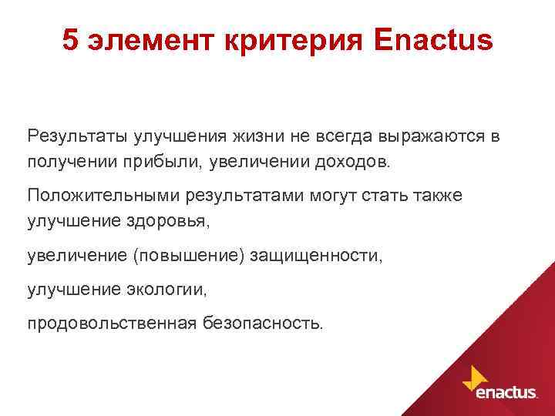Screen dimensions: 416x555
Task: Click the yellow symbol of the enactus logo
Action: click(x=474, y=377)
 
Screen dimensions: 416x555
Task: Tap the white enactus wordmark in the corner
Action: click(x=506, y=393)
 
